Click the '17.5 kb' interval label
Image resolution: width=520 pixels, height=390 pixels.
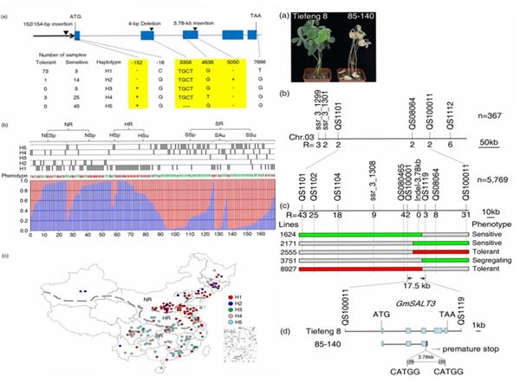(x=419, y=283)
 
